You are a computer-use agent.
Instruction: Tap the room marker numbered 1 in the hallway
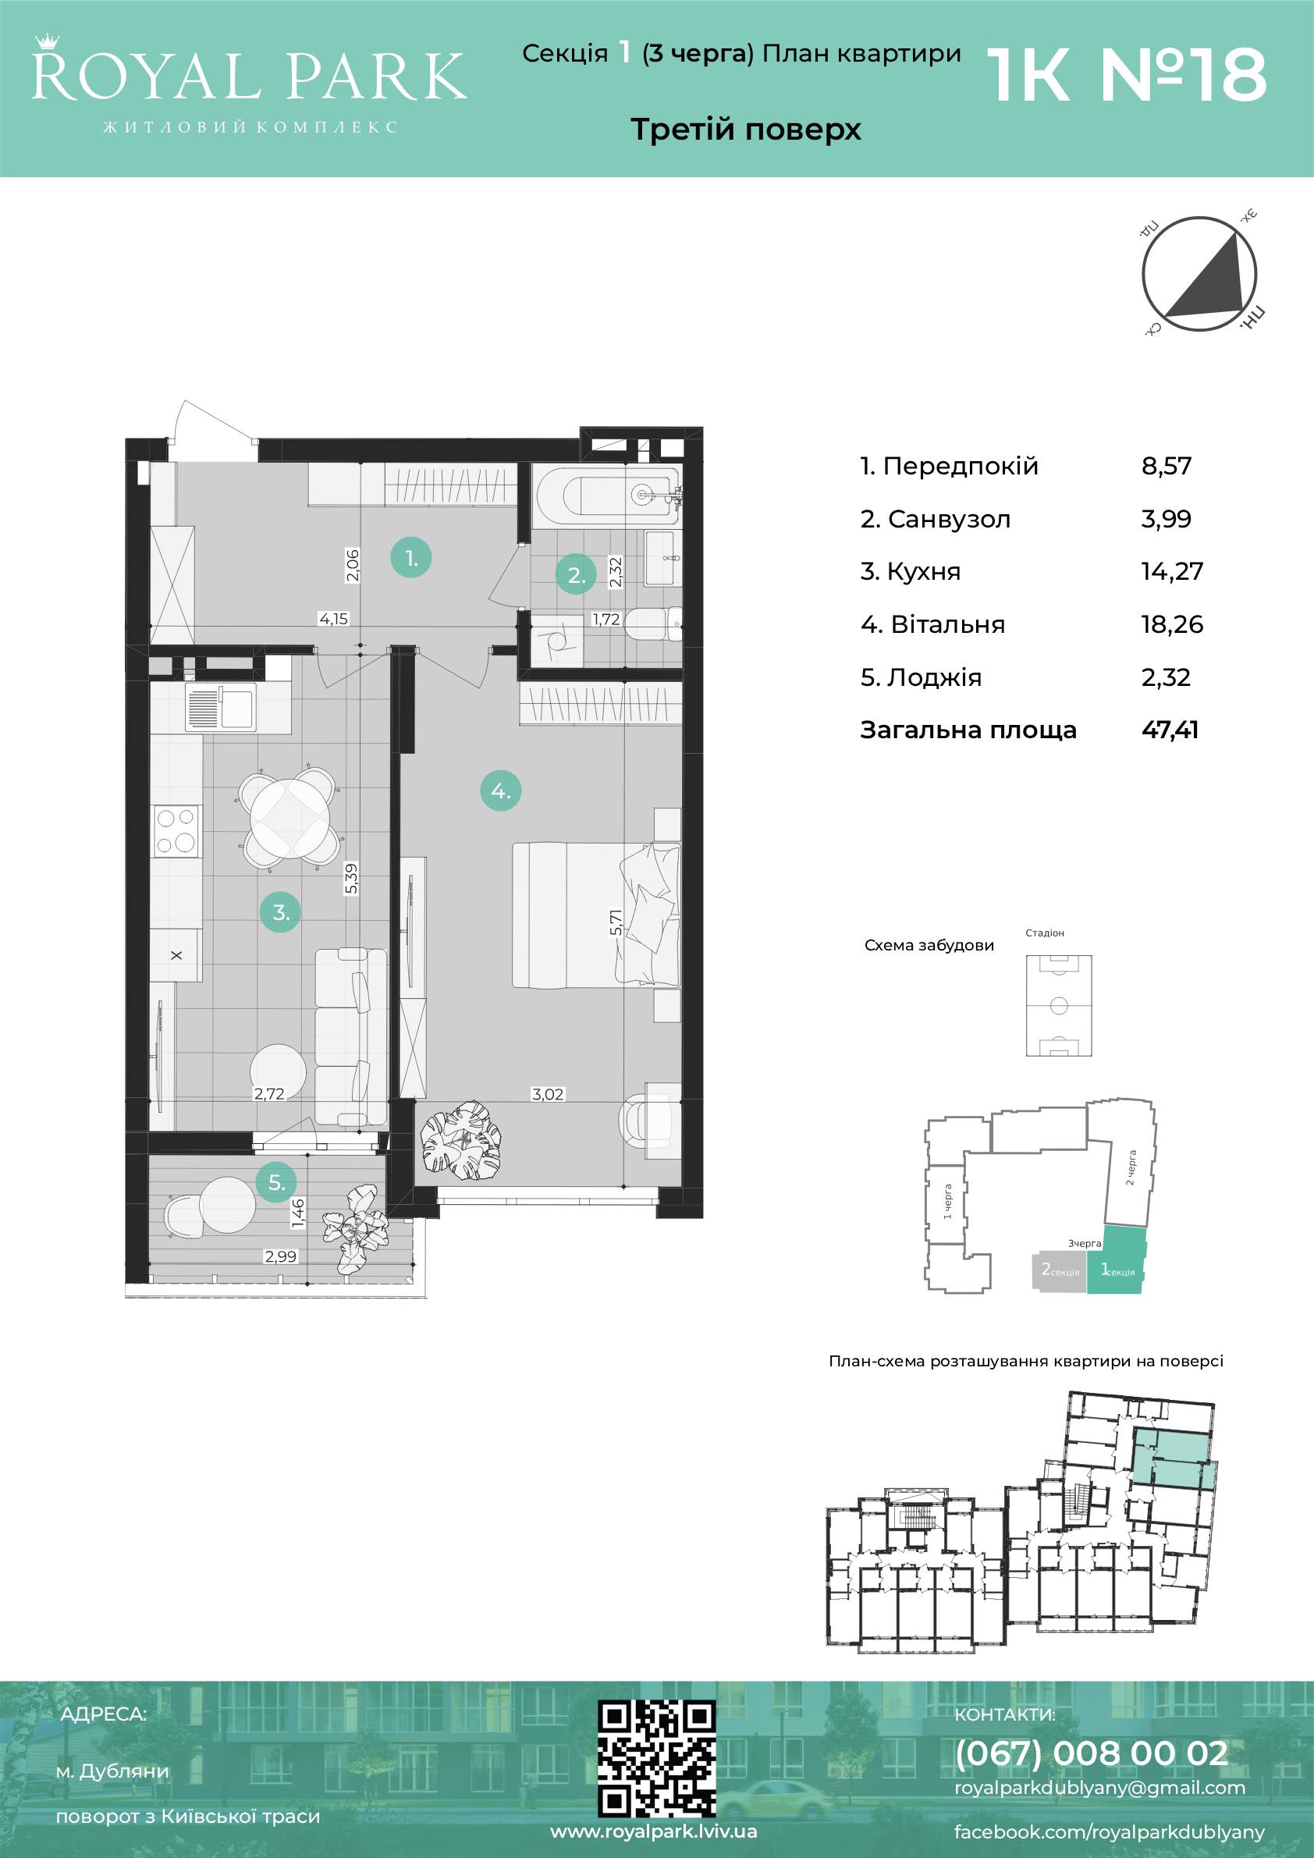[x=411, y=558]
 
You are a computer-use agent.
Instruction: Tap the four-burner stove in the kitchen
[x=176, y=831]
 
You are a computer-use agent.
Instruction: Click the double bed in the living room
[x=595, y=915]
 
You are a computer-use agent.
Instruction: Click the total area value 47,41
[x=1170, y=730]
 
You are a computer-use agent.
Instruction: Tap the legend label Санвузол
[x=949, y=519]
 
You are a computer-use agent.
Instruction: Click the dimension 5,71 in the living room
[x=616, y=922]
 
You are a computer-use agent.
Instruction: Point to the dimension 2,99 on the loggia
[x=280, y=1256]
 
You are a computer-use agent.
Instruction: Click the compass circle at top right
[x=1199, y=275]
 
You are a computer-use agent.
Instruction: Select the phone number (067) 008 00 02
[x=1092, y=1753]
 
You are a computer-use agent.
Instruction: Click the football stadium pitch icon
[x=1058, y=1006]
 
